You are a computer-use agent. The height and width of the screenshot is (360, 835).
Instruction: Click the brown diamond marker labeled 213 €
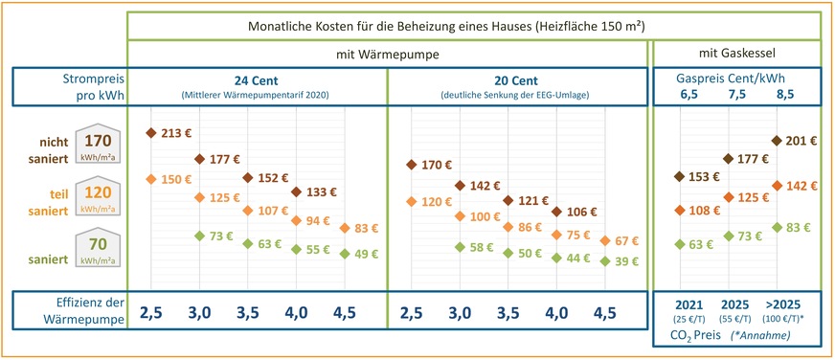pos(151,133)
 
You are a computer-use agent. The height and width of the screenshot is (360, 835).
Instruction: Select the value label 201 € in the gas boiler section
pos(800,141)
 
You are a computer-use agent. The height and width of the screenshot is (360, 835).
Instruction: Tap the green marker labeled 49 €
pos(345,254)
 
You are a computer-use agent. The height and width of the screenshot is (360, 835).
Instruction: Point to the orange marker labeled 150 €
pos(151,179)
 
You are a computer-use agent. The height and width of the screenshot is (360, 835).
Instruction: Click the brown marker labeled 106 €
pos(556,212)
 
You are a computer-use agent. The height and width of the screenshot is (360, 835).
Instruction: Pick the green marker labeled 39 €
pos(604,260)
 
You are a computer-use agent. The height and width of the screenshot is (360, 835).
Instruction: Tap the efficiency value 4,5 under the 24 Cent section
pos(345,312)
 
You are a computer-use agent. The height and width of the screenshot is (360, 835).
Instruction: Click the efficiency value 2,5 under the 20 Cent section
pos(412,312)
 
